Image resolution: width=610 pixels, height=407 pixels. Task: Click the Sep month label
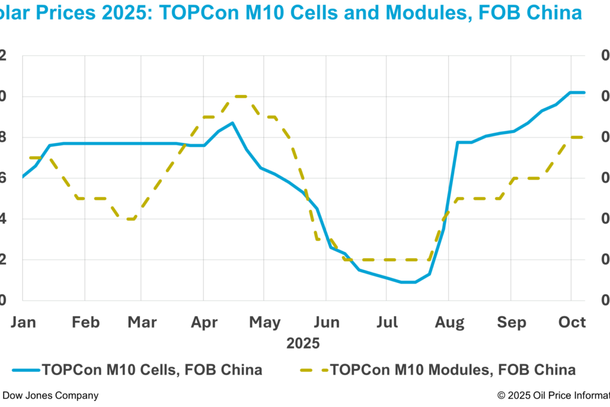coord(511,323)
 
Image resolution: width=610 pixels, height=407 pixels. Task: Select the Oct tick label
coord(573,323)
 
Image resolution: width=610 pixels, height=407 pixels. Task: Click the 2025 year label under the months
coord(303,343)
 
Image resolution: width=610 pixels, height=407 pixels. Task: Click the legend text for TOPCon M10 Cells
coord(152,369)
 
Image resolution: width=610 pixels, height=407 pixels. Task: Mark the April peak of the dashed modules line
coord(239,96)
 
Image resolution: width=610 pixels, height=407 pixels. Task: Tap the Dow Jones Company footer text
coord(51,395)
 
